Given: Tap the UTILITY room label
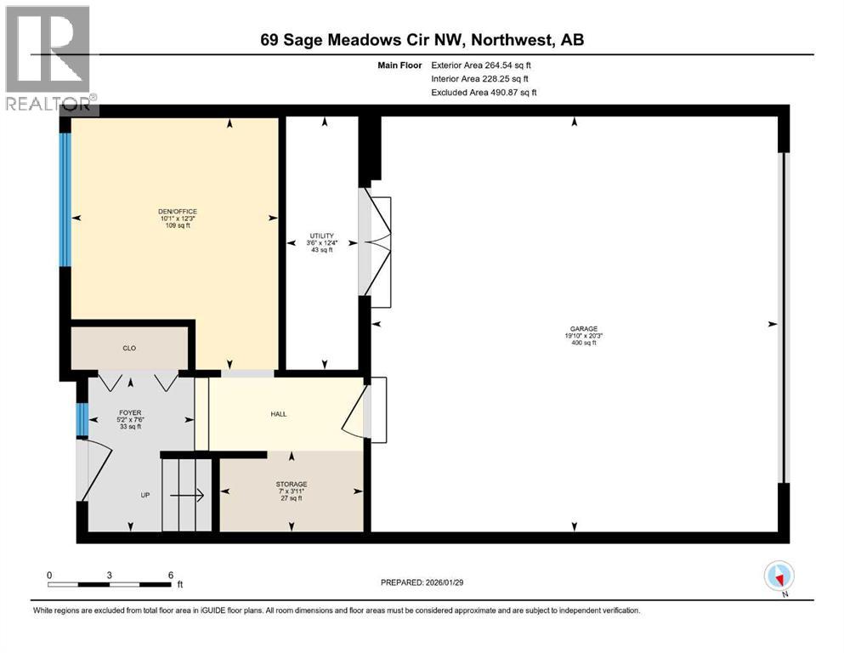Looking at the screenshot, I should pyautogui.click(x=321, y=236).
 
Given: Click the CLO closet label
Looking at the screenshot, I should pyautogui.click(x=129, y=348).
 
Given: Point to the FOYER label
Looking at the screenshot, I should pyautogui.click(x=129, y=413).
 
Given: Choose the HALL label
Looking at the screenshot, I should pyautogui.click(x=279, y=414).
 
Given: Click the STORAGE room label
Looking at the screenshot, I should pyautogui.click(x=291, y=484).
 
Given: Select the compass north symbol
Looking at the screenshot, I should pyautogui.click(x=779, y=576).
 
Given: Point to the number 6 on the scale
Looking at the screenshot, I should pyautogui.click(x=170, y=575).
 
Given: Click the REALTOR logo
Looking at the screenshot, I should pyautogui.click(x=49, y=58).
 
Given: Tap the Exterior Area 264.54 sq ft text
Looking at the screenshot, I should pyautogui.click(x=482, y=65).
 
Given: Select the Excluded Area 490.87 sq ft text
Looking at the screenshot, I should pyautogui.click(x=484, y=92).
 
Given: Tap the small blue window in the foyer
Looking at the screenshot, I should pyautogui.click(x=82, y=418).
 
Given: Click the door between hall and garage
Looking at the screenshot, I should pyautogui.click(x=367, y=410).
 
